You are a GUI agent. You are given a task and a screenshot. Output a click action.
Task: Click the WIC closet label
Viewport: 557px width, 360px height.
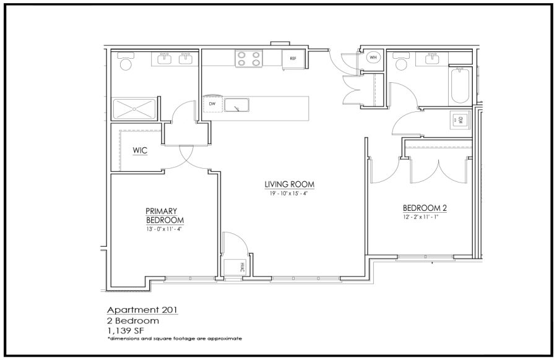click(x=140, y=150)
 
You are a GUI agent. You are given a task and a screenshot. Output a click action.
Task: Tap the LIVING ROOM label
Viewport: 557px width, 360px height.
click(x=290, y=184)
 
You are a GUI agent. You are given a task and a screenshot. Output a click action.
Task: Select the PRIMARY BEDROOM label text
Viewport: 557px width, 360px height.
click(x=165, y=215)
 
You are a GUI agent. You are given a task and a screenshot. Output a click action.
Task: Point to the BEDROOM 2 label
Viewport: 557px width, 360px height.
click(x=425, y=208)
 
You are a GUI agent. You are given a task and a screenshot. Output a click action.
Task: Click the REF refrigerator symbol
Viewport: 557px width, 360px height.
click(x=293, y=59)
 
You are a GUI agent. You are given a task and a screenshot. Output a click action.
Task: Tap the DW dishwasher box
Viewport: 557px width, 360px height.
click(x=212, y=104)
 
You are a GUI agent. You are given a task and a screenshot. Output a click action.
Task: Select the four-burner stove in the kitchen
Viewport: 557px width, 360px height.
click(x=249, y=59)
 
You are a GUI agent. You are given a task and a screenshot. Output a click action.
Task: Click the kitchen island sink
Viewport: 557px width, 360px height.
click(x=236, y=105)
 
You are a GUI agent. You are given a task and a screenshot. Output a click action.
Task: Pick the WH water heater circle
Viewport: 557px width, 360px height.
click(x=373, y=58)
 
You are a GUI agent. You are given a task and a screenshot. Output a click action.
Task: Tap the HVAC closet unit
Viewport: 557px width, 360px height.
click(x=234, y=267)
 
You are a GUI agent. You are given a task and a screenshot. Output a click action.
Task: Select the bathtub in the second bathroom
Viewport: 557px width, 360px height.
click(x=460, y=85)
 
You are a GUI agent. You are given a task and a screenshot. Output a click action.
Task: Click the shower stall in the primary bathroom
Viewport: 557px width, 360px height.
click(x=134, y=109)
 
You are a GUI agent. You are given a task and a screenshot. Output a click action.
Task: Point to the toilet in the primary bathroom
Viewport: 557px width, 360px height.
click(x=126, y=61)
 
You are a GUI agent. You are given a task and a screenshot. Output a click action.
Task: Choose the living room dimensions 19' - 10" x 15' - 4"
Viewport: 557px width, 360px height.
click(x=289, y=194)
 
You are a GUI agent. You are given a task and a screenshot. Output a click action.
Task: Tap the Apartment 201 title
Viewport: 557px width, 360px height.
click(x=142, y=309)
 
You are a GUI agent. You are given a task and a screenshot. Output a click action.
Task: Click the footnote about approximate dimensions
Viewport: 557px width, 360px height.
click(x=175, y=339)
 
